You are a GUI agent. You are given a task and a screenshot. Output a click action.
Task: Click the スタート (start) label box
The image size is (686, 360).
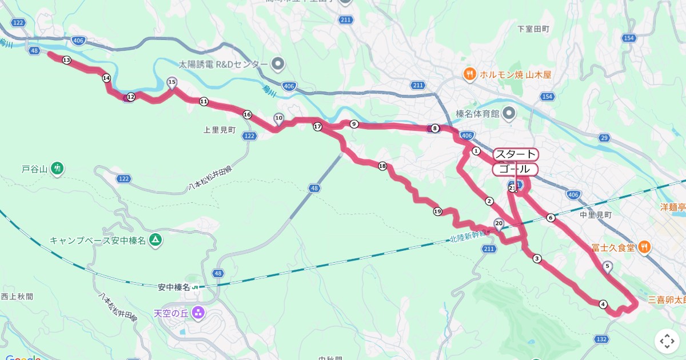pos(515,154)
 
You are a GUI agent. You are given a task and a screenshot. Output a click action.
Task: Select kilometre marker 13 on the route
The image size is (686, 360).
pos(66,60)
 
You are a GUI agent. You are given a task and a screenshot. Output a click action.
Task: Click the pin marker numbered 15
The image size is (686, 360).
pos(171,83)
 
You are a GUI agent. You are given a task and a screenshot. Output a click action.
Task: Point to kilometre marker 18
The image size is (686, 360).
pos(382,166)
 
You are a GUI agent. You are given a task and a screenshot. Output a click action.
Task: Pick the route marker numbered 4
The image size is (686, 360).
pos(603,304)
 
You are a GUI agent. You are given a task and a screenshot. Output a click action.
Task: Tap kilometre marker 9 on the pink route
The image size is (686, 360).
pos(354,124)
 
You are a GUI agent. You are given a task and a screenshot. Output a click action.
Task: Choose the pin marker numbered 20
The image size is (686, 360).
pos(498,224)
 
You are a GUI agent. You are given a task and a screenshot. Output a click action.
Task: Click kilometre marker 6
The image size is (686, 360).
pos(550,218)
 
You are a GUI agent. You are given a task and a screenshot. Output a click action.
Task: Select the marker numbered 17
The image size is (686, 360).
pos(317,126)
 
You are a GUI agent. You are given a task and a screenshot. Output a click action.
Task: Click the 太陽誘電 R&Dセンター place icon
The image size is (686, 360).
pos(278,63)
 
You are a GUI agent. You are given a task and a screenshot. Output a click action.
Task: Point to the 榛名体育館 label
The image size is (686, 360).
pos(477,113)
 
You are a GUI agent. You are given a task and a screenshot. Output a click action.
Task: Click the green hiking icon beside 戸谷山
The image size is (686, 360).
pos(57,169)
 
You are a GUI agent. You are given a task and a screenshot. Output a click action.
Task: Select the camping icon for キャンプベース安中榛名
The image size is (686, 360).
pos(155,240)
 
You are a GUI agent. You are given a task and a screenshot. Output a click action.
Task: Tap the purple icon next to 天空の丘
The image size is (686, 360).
pos(198,313)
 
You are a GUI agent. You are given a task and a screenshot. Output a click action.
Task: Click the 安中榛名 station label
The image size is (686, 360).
pos(174,287)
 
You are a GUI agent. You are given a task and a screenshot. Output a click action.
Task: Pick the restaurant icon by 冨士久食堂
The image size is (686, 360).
pos(644,247)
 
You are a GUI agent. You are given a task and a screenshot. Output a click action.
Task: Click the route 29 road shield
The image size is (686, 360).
pos(604,138)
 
